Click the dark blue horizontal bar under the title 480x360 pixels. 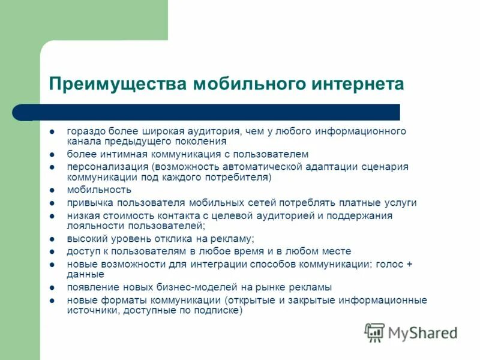(x=210, y=112)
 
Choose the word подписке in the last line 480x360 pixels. (x=219, y=311)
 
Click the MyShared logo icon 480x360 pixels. (x=375, y=332)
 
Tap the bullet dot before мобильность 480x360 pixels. (x=53, y=190)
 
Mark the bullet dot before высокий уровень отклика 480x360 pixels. (x=53, y=238)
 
